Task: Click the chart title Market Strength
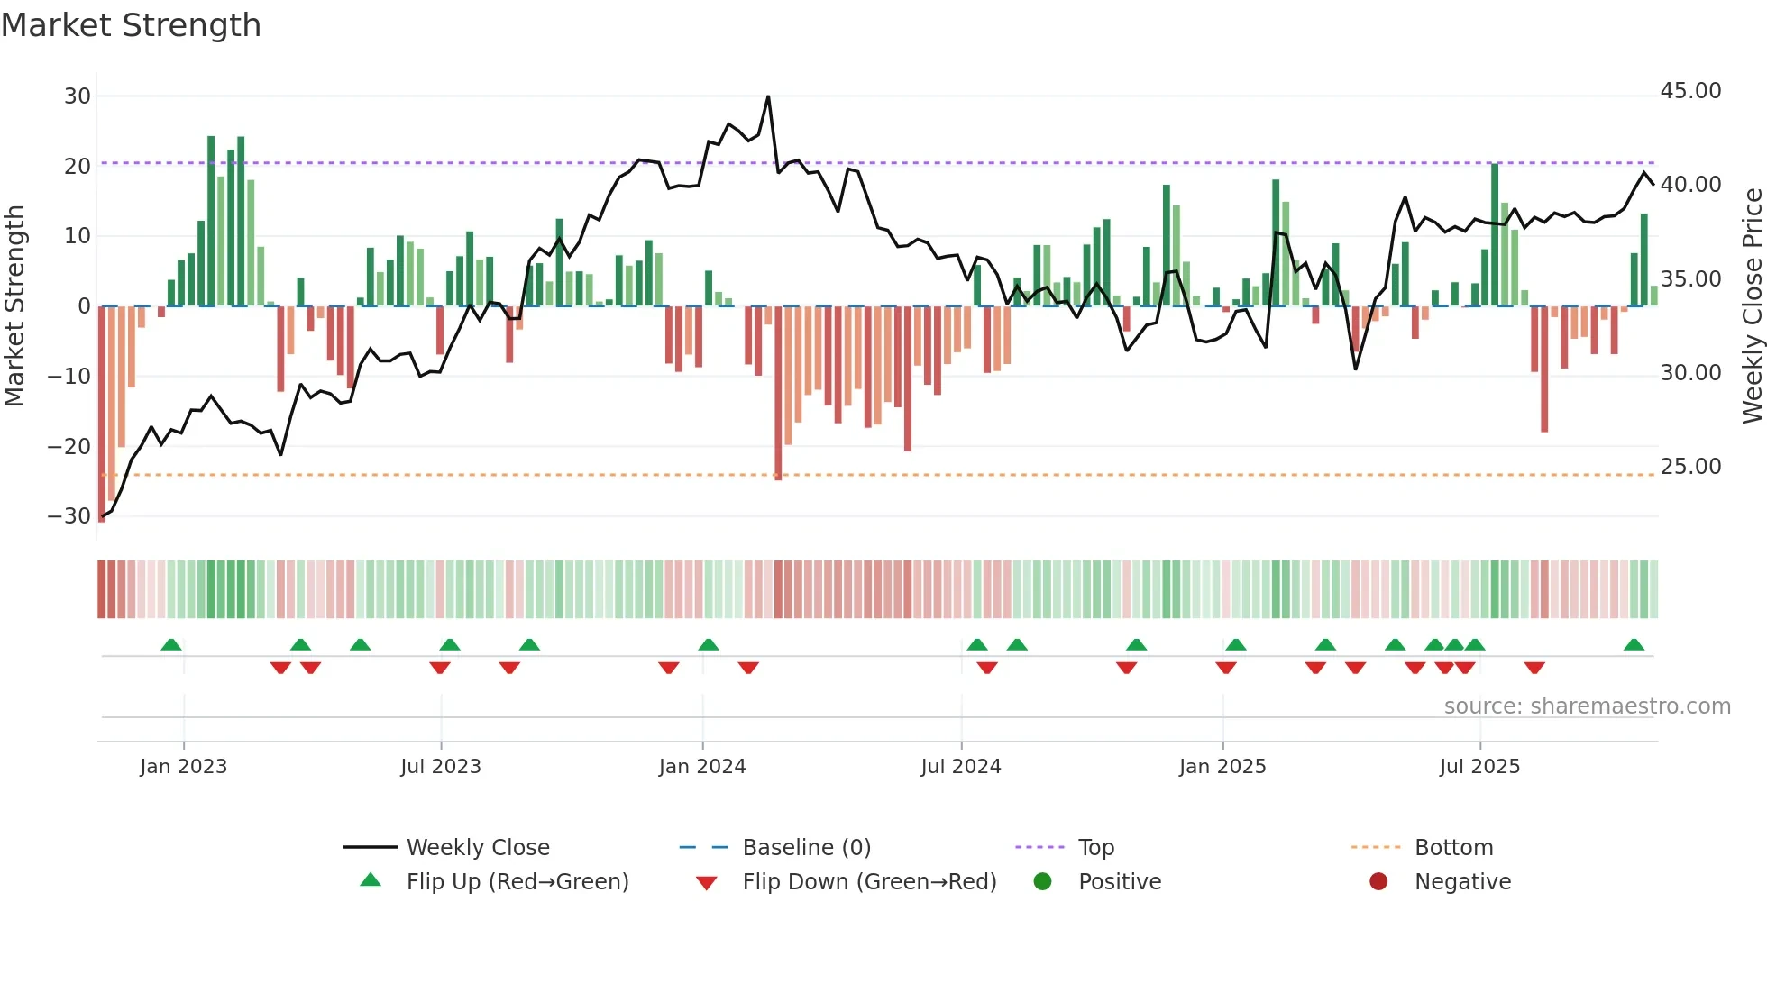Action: tap(131, 25)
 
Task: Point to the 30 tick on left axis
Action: tap(78, 96)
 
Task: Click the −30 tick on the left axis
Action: tap(69, 516)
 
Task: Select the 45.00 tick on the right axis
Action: tap(1690, 91)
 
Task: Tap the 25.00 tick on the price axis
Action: tap(1690, 467)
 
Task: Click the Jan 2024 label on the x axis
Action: tap(702, 767)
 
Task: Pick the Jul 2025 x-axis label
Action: tap(1479, 767)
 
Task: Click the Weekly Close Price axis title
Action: tap(1752, 306)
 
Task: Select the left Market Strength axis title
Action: tap(15, 306)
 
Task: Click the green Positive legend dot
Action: tap(1043, 882)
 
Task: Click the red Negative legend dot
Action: tap(1378, 882)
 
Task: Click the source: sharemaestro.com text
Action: tap(1587, 706)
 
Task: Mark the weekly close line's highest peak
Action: tap(768, 96)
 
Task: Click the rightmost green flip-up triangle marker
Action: tap(1634, 645)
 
